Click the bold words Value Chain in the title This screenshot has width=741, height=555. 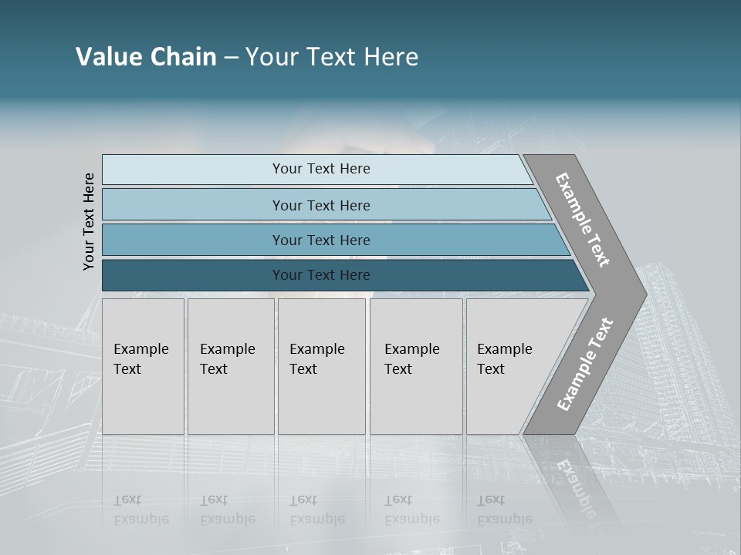(146, 57)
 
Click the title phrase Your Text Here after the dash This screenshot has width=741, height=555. (332, 57)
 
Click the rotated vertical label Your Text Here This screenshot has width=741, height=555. (89, 222)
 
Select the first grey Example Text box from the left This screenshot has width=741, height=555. (143, 366)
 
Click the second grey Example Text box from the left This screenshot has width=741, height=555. (231, 366)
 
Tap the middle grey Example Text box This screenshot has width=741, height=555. (321, 366)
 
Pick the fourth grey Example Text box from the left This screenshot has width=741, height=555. (416, 366)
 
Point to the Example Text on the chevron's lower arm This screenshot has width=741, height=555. (585, 365)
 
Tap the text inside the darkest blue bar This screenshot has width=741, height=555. (321, 275)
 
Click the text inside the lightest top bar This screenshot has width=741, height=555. (321, 169)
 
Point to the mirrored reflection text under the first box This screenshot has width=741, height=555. (140, 510)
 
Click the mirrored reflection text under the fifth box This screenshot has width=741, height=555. (504, 510)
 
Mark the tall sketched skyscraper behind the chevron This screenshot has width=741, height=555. (679, 347)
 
